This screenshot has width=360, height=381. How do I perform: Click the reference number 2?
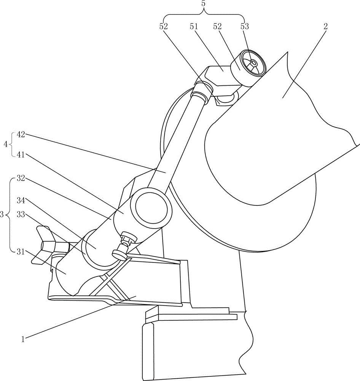pyautogui.click(x=325, y=26)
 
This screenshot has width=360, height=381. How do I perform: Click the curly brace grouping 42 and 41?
pyautogui.click(x=12, y=145)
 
